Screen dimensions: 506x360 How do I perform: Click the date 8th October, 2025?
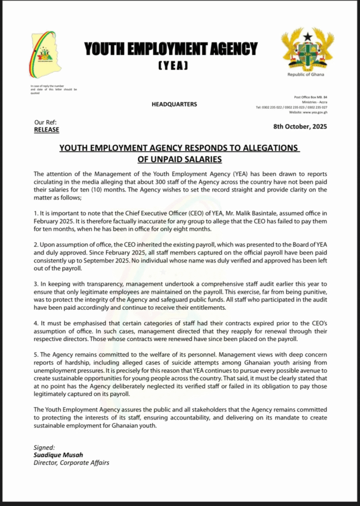pyautogui.click(x=300, y=126)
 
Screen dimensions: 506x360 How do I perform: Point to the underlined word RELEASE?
pyautogui.click(x=46, y=130)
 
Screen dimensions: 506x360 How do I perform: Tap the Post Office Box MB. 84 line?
pyautogui.click(x=311, y=97)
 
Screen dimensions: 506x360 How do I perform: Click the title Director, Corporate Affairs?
pyautogui.click(x=71, y=463)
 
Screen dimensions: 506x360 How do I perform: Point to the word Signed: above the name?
pyautogui.click(x=44, y=448)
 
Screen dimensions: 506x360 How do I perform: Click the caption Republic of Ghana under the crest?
pyautogui.click(x=307, y=75)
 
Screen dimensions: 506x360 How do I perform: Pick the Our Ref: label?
pyautogui.click(x=45, y=122)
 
